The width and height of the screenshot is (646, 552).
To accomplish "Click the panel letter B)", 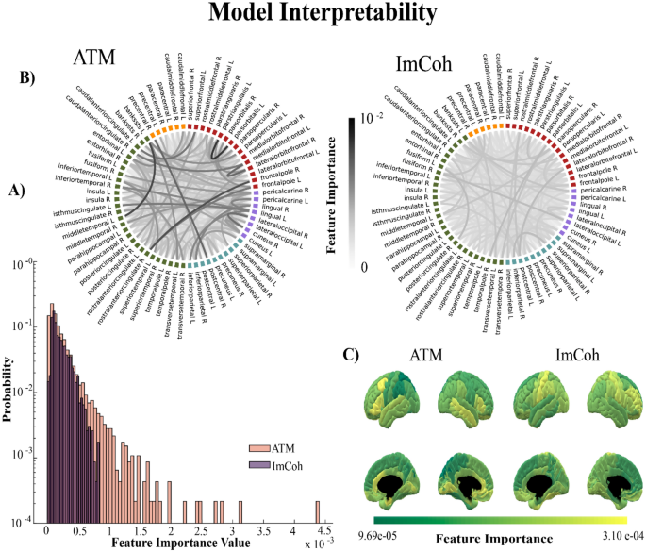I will tap(26, 78).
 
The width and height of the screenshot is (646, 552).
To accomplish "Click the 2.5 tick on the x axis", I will tap(200, 531).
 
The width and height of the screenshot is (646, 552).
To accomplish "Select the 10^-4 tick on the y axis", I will tap(26, 518).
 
